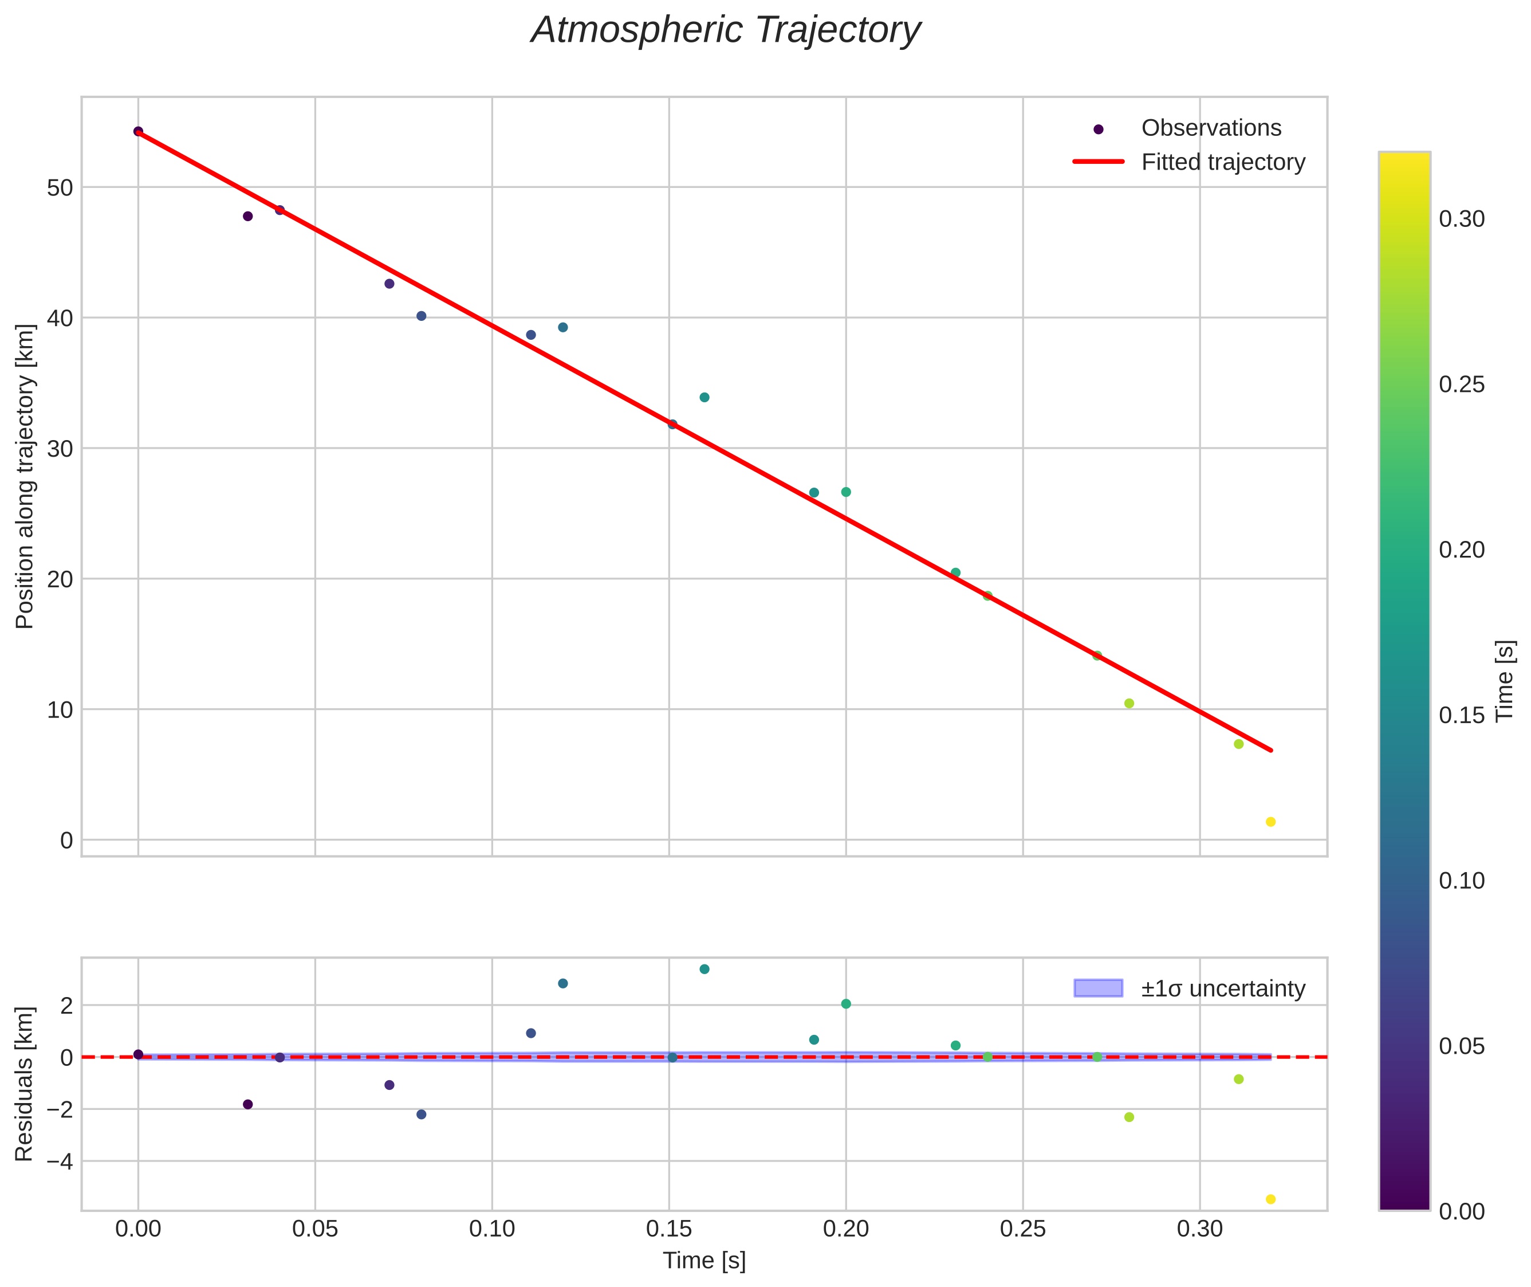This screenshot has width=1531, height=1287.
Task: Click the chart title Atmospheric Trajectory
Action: pyautogui.click(x=726, y=30)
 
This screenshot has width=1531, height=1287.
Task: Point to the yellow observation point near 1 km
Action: pyautogui.click(x=1270, y=822)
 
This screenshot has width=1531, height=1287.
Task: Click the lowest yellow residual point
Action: pyautogui.click(x=1270, y=1199)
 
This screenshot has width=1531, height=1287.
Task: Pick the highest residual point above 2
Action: pyautogui.click(x=704, y=970)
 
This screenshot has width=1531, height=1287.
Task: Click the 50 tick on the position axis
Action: pyautogui.click(x=60, y=187)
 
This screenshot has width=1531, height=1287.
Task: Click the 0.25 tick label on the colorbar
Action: pyautogui.click(x=1462, y=384)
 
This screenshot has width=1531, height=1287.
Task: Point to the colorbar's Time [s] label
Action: pyautogui.click(x=1505, y=681)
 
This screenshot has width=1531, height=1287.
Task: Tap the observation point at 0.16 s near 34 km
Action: pyautogui.click(x=704, y=398)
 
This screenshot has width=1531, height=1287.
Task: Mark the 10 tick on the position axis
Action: pyautogui.click(x=60, y=710)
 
